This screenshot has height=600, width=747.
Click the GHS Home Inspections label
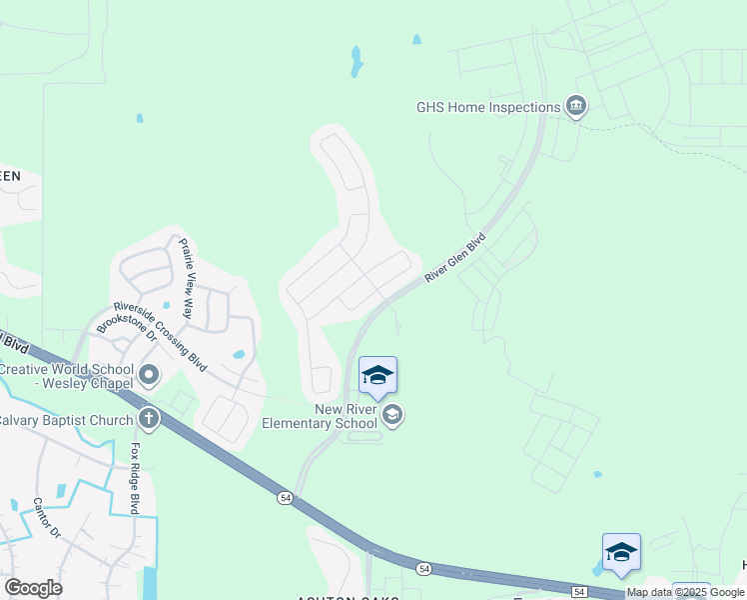pos(489,107)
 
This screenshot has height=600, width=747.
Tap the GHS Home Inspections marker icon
pos(575,106)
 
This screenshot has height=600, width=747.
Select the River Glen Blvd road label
pos(455,258)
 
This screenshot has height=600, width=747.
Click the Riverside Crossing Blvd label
pos(160,336)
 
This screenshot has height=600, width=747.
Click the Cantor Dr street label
pos(48,518)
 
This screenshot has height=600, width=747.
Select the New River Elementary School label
pos(319,416)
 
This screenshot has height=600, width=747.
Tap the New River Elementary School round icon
pos(393,414)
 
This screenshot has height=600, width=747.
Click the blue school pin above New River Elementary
pos(377,376)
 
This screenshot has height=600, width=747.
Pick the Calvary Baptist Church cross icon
pos(149,418)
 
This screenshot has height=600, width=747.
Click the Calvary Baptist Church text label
pos(65,420)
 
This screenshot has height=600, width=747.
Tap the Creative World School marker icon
pos(150,376)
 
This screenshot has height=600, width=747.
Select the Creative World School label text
pos(65,377)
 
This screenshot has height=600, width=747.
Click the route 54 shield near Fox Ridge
pos(285,497)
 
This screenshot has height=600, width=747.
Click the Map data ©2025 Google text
pos(686,593)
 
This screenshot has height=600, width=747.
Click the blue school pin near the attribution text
pos(621,552)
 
